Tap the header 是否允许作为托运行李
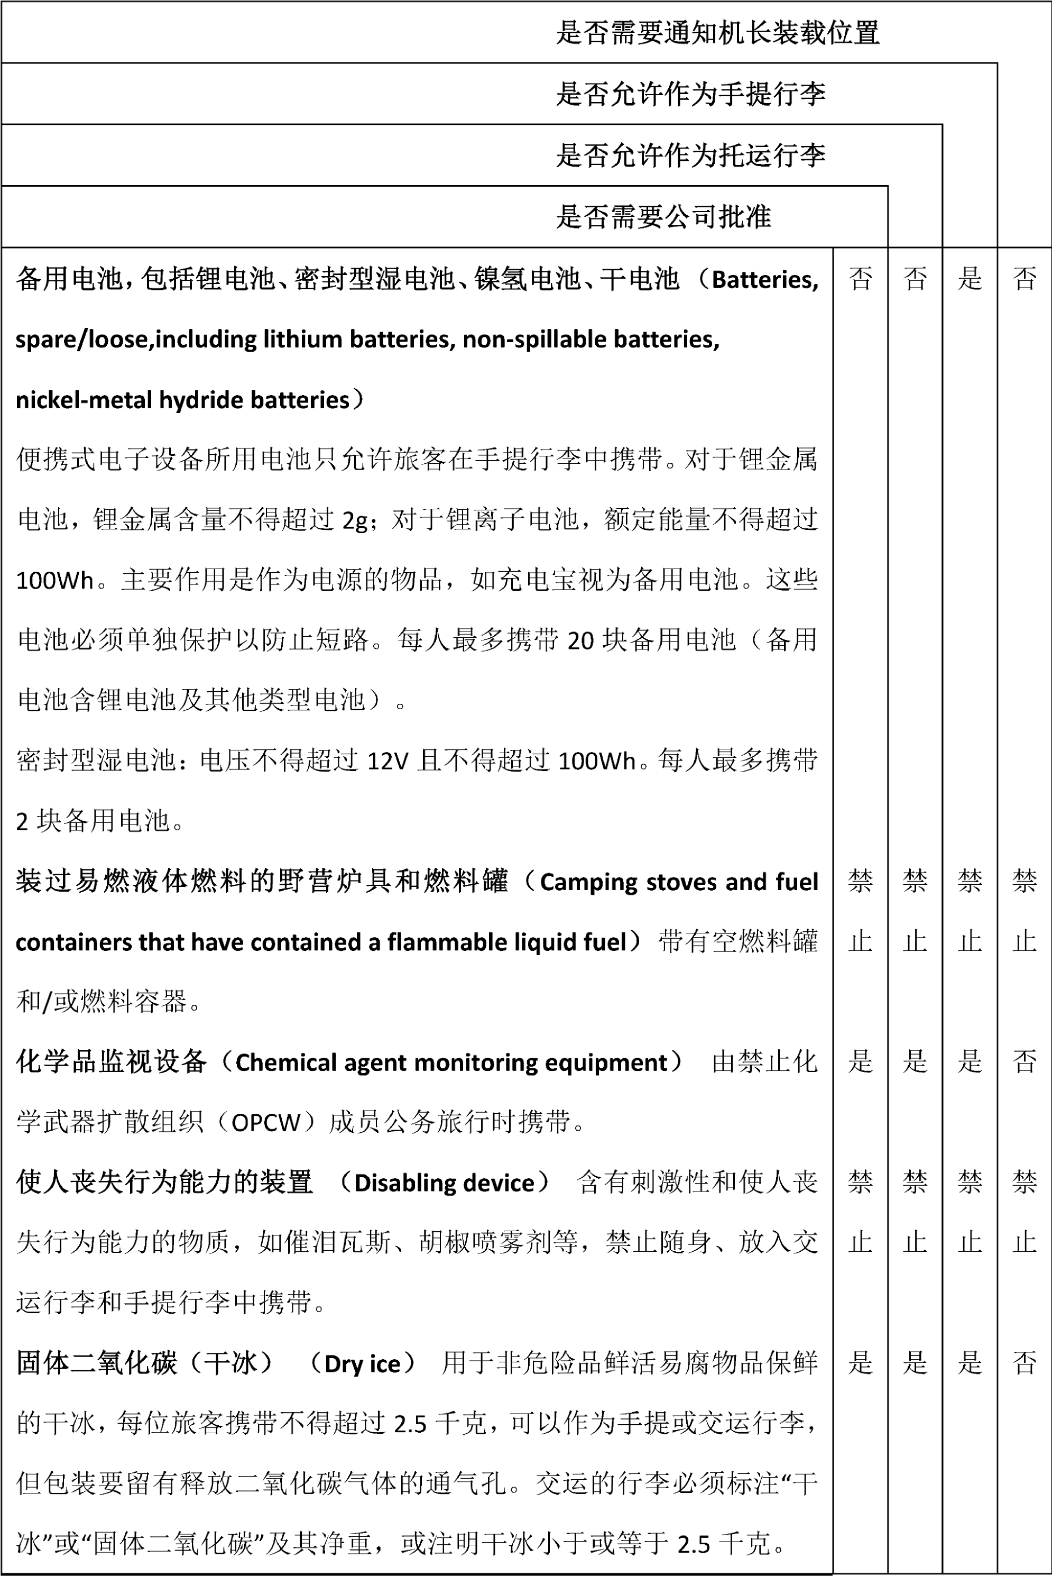[690, 155]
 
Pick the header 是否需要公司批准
[663, 217]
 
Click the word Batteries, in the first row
[765, 280]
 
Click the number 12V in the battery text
[388, 761]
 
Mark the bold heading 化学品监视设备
[112, 1062]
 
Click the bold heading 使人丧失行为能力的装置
[164, 1183]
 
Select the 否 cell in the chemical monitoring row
[1025, 1061]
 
